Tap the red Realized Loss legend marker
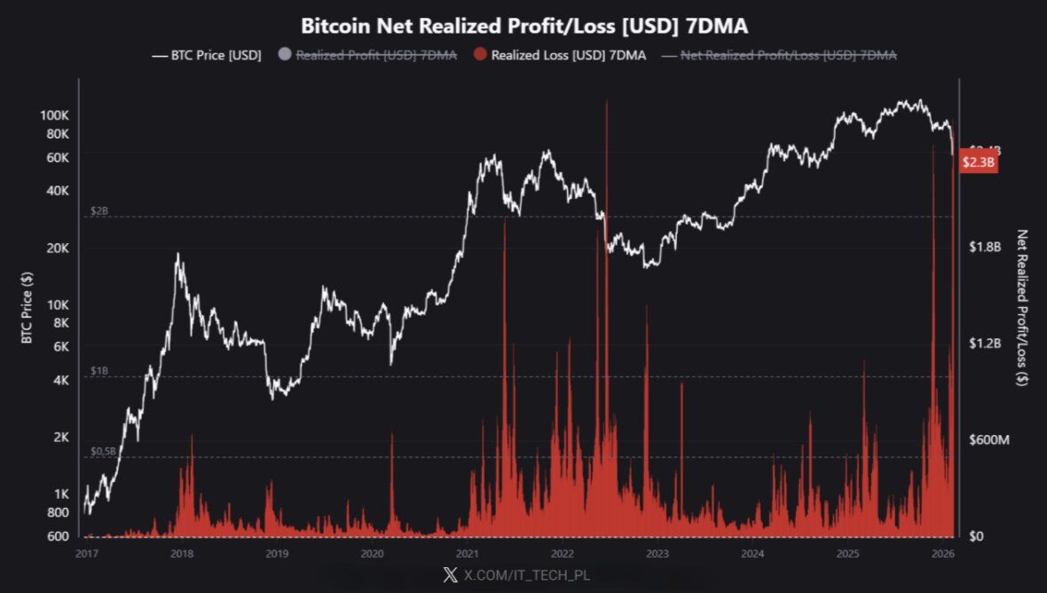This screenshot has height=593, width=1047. pyautogui.click(x=479, y=55)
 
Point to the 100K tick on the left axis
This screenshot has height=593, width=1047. pyautogui.click(x=55, y=115)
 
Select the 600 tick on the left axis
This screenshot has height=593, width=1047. pyautogui.click(x=58, y=536)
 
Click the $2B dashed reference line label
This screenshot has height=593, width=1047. pyautogui.click(x=98, y=211)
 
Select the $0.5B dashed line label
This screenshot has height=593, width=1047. pyautogui.click(x=103, y=452)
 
